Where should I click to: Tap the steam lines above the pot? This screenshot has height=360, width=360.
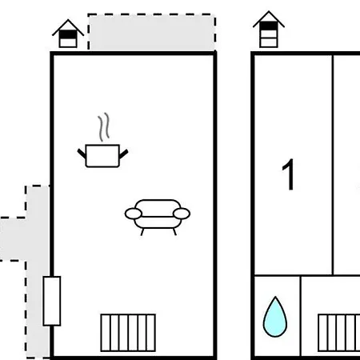(x=103, y=127)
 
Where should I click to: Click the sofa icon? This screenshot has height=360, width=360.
(x=158, y=217)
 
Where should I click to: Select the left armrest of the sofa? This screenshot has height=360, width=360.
(x=134, y=214)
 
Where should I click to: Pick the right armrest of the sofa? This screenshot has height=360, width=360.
(x=182, y=214)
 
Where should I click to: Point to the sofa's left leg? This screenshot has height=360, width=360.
(x=142, y=232)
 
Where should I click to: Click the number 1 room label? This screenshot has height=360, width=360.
(x=288, y=174)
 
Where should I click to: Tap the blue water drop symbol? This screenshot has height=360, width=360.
(x=275, y=317)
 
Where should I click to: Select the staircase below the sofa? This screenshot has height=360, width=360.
(x=128, y=333)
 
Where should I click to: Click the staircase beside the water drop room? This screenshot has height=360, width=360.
(x=339, y=333)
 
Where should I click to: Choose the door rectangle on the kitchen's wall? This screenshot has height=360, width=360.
(x=52, y=301)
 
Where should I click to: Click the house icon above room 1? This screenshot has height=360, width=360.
(x=269, y=30)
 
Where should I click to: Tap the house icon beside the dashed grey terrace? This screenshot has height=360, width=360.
(x=68, y=34)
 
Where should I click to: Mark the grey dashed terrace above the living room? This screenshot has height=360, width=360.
(x=152, y=32)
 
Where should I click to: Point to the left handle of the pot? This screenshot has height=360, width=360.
(x=82, y=154)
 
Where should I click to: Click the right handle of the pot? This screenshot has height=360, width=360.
(x=123, y=154)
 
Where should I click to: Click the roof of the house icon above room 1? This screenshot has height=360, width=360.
(x=269, y=18)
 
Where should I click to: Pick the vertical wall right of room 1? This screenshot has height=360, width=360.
(x=333, y=165)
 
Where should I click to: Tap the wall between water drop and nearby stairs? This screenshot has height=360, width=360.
(x=300, y=316)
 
